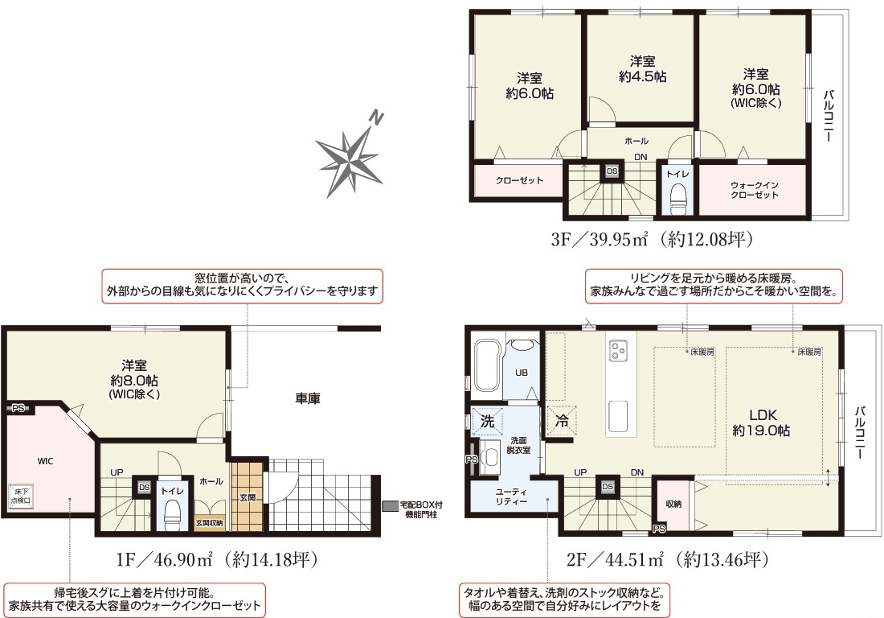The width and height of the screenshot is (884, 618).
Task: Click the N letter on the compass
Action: pyautogui.click(x=376, y=118)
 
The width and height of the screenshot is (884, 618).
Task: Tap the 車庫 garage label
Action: pyautogui.click(x=308, y=398)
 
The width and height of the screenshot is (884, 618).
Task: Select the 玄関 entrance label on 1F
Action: pyautogui.click(x=248, y=497)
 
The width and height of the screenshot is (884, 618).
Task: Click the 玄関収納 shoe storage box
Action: pyautogui.click(x=209, y=523)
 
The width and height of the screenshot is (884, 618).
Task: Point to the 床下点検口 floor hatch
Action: pyautogui.click(x=21, y=496)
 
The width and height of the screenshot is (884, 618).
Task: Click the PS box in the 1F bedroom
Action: pyautogui.click(x=18, y=407)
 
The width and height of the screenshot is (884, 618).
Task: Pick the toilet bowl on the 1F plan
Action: pyautogui.click(x=173, y=515)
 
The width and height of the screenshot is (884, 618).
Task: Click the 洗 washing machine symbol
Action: pyautogui.click(x=487, y=421)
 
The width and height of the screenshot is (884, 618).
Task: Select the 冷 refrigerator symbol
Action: pyautogui.click(x=562, y=421)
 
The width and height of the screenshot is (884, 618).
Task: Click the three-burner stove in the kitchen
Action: pyautogui.click(x=618, y=351)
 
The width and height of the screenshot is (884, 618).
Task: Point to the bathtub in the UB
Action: pyautogui.click(x=486, y=365)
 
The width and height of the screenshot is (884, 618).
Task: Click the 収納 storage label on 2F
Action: pyautogui.click(x=673, y=504)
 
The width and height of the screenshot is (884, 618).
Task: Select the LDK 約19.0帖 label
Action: pyautogui.click(x=762, y=422)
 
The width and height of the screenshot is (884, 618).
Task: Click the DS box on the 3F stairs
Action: pyautogui.click(x=612, y=171)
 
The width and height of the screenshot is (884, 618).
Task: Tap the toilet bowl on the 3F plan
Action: pyautogui.click(x=677, y=197)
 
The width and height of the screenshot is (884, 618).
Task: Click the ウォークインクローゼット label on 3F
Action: pyautogui.click(x=755, y=190)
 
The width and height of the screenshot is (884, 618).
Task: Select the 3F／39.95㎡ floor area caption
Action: pyautogui.click(x=652, y=239)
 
